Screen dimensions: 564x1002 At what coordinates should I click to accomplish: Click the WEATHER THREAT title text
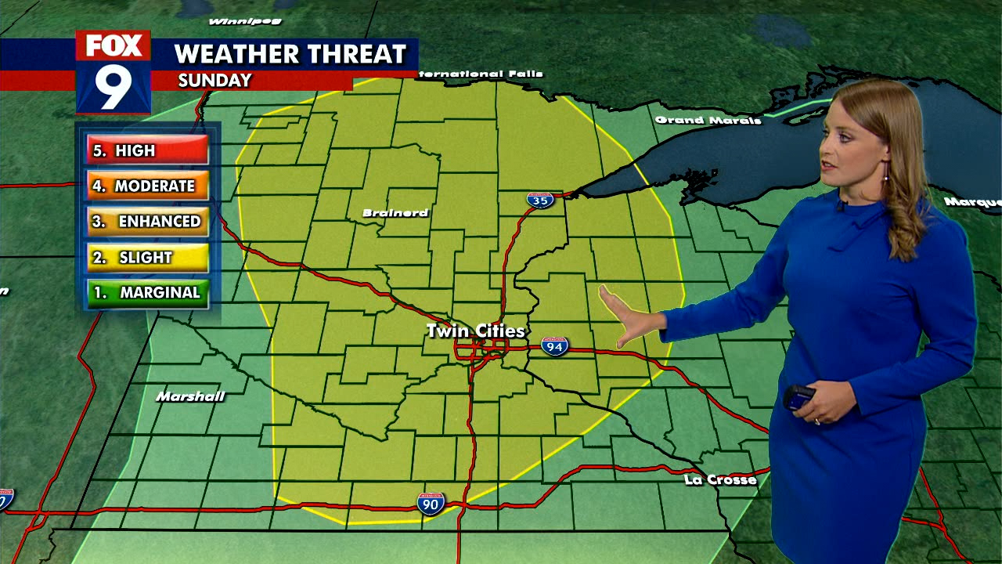[290, 54]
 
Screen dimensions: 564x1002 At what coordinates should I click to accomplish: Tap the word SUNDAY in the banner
[214, 81]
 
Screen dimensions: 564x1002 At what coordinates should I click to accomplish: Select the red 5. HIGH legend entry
[147, 150]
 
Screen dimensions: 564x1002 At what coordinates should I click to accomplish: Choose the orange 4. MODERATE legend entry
[147, 186]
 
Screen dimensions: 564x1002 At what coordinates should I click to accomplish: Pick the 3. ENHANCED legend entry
[147, 222]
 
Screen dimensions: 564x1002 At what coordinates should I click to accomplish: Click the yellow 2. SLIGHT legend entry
[147, 257]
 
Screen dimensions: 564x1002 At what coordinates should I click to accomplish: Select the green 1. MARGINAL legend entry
[147, 293]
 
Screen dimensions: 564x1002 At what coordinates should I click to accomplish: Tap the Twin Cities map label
[475, 331]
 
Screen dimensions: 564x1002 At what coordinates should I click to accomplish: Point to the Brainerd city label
[395, 213]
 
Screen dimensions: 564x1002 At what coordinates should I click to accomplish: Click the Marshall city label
[190, 396]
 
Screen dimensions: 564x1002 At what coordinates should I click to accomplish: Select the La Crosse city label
[720, 479]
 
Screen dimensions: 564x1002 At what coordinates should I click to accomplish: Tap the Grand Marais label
[708, 120]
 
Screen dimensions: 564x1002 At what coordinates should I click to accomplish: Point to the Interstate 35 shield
[539, 200]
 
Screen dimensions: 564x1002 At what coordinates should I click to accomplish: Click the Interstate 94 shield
[554, 345]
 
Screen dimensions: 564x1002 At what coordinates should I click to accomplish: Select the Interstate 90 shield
[431, 503]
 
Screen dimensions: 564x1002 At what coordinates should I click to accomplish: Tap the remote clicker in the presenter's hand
[798, 397]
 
